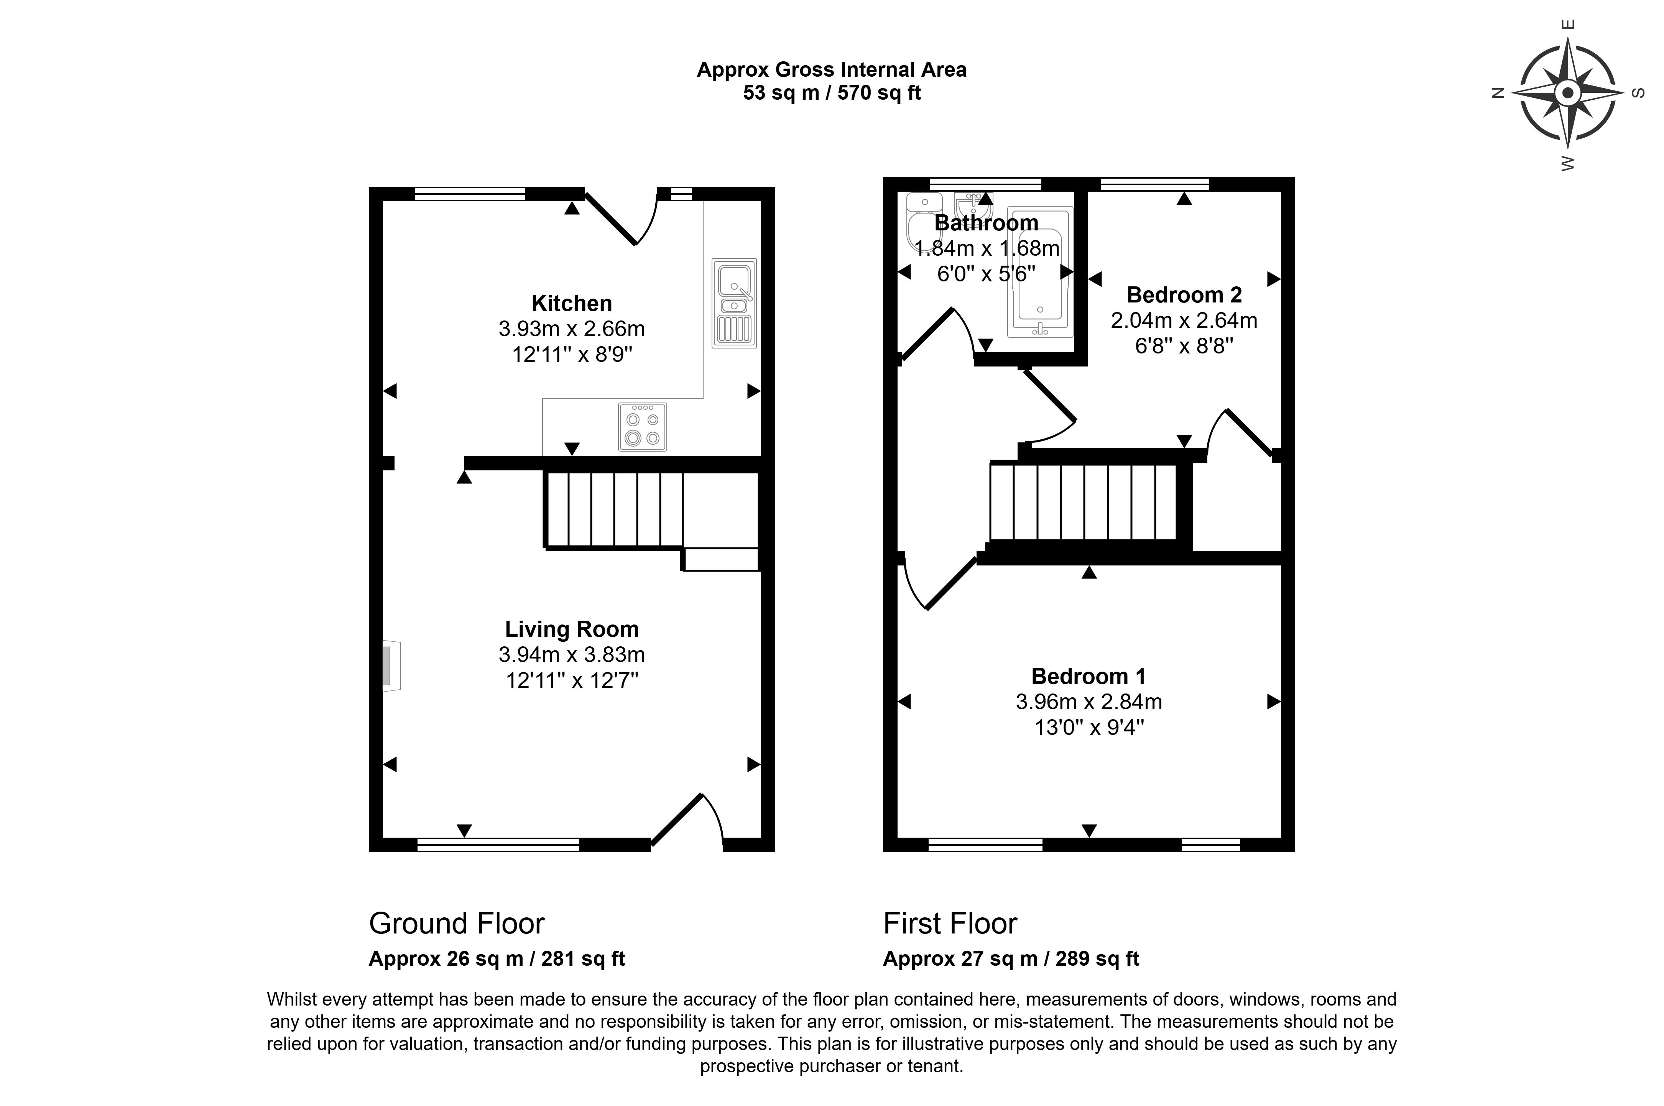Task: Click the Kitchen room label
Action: (571, 303)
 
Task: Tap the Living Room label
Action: (571, 629)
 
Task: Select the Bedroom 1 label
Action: (1089, 676)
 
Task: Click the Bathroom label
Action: (986, 223)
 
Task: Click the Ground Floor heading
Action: (457, 923)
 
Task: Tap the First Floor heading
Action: (950, 923)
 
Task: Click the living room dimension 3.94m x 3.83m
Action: (571, 654)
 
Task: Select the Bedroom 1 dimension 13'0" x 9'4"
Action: (1089, 727)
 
